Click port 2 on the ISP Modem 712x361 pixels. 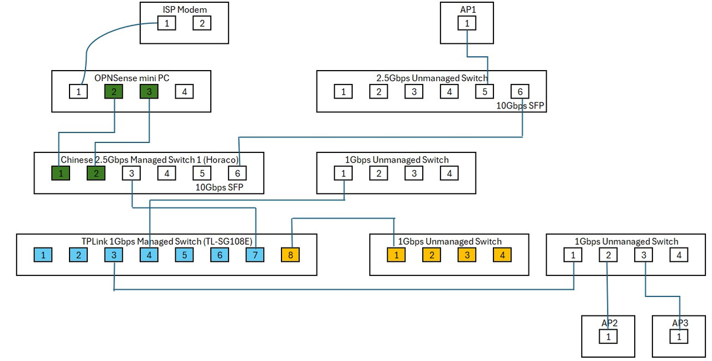pyautogui.click(x=202, y=23)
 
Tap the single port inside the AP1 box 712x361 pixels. pyautogui.click(x=467, y=23)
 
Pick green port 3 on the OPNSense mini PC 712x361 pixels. pyautogui.click(x=149, y=92)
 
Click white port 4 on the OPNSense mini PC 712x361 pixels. pyautogui.click(x=184, y=92)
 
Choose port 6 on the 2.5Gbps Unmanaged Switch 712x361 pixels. pyautogui.click(x=520, y=92)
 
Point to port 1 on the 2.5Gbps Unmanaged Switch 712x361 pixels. pyautogui.click(x=343, y=92)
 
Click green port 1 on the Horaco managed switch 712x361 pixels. pyautogui.click(x=61, y=173)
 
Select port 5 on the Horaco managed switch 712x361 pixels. pyautogui.click(x=202, y=173)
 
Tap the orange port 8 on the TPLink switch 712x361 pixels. pyautogui.click(x=290, y=255)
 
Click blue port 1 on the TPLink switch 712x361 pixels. pyautogui.click(x=43, y=255)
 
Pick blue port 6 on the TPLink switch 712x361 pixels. pyautogui.click(x=220, y=255)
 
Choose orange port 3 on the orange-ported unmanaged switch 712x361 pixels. pyautogui.click(x=467, y=255)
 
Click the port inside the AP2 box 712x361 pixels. pyautogui.click(x=608, y=337)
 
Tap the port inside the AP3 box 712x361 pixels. pyautogui.click(x=679, y=337)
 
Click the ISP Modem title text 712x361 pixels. pyautogui.click(x=185, y=9)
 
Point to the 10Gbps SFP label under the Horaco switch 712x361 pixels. pyautogui.click(x=219, y=187)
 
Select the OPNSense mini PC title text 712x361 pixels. pyautogui.click(x=132, y=78)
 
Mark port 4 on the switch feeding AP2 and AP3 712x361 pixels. pyautogui.click(x=679, y=255)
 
